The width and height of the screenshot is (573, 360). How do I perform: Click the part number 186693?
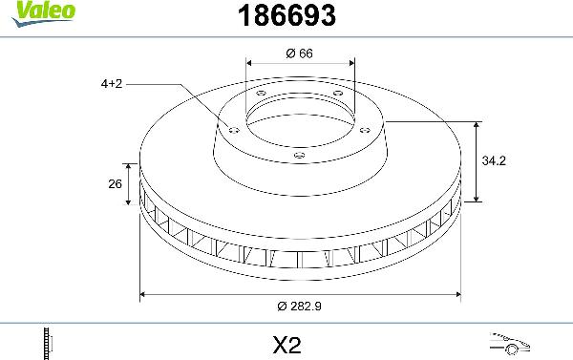coord(285,15)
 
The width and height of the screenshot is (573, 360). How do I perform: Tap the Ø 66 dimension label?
coord(299,53)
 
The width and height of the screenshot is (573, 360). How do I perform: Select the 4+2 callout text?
coord(112,84)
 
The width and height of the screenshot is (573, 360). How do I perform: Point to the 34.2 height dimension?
coord(494,161)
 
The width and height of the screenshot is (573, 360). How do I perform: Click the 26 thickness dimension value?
coord(116,184)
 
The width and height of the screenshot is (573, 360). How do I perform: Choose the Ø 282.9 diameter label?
coord(299,307)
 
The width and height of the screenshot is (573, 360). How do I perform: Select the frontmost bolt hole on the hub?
coord(299,155)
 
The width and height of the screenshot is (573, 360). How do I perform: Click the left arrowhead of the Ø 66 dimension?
coord(249,65)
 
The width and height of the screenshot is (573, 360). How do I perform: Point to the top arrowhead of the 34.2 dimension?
coord(477,125)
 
